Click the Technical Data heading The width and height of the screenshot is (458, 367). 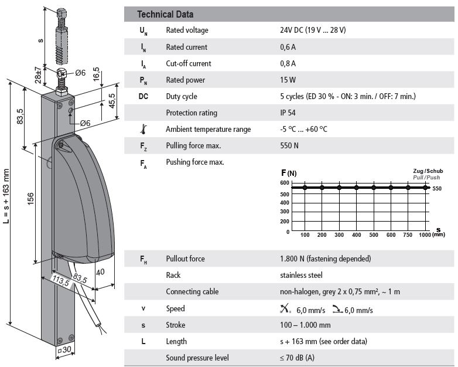coord(165,14)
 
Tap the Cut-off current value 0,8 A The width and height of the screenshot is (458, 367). coord(288,63)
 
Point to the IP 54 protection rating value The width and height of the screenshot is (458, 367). coord(288,113)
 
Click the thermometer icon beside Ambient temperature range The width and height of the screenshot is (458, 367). coord(143,129)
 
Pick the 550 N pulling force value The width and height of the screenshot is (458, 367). coord(289,145)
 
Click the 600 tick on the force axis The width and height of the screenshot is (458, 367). coord(285,183)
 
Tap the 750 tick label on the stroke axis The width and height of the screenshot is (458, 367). coord(408,235)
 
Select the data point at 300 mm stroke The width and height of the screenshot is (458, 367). coord(339,188)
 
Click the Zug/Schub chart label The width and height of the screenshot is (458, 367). coord(428,171)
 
